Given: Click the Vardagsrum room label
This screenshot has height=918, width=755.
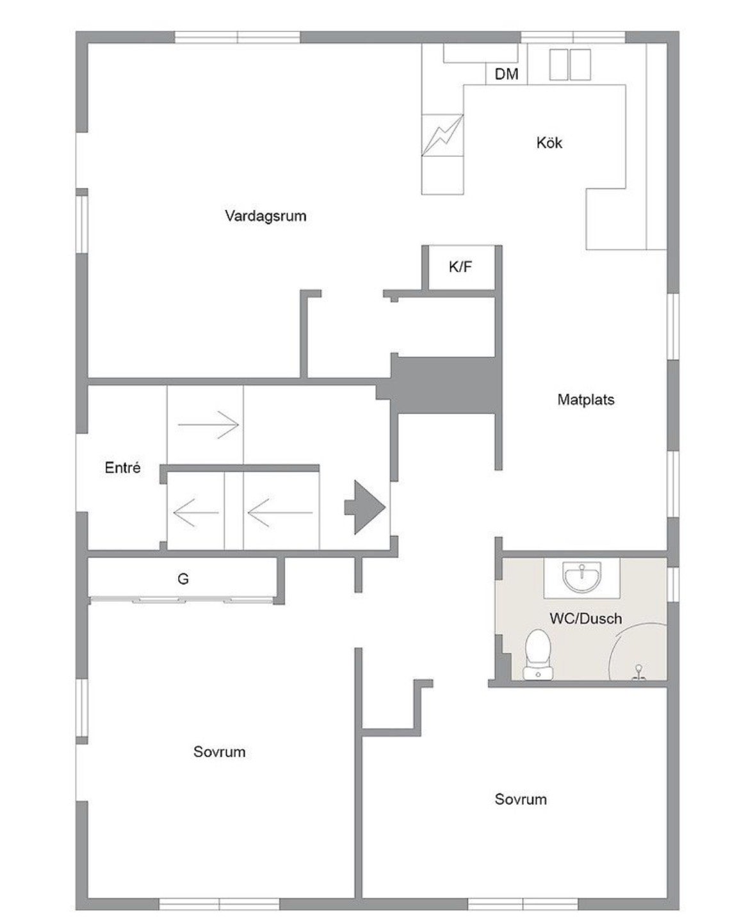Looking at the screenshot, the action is coord(266,216).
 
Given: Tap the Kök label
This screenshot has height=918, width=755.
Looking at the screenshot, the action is coord(549,143).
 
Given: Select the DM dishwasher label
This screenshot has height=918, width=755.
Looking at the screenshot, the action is coord(507,74).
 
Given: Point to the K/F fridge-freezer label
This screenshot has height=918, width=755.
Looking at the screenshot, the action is coord(460,267).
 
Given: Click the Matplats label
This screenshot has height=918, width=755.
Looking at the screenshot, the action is coord(586,399).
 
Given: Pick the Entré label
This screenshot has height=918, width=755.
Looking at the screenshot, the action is coord(122,467).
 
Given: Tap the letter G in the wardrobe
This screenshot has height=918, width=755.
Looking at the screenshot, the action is coord(183,579).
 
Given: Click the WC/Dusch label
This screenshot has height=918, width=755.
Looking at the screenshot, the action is coord(586,618).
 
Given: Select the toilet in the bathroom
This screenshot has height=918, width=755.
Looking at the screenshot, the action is coord(538,654).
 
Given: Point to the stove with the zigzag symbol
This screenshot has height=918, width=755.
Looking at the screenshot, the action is coord(442,135).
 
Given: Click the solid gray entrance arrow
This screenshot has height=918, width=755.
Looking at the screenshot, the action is coord(365,507).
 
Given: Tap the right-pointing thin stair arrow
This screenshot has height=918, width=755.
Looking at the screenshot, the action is coord(209,424).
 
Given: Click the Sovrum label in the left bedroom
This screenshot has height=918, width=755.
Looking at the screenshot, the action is coord(220,752).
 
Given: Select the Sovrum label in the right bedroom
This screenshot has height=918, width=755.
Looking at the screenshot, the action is coord(521,799).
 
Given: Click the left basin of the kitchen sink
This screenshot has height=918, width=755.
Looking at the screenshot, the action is coord(558,65).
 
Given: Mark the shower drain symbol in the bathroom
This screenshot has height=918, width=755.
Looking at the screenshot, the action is coord(638,672).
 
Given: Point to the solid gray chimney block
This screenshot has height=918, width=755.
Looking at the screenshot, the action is coord(444,385).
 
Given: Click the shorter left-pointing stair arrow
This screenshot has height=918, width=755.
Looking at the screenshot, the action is coord(196,512).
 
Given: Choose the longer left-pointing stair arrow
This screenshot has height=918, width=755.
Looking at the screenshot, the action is coord(280,512).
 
